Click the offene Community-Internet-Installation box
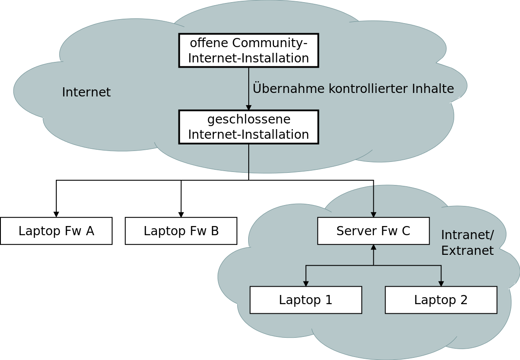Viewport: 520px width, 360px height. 248,50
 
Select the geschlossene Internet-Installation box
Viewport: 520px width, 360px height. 248,127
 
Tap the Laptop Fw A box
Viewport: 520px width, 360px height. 56,231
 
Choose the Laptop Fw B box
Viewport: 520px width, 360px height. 181,231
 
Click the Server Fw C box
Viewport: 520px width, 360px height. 373,231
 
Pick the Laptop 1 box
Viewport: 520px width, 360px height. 306,300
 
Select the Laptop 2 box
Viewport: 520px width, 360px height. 441,300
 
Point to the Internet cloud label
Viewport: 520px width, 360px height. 86,93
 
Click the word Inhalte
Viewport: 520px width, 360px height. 433,89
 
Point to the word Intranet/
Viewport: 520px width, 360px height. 467,235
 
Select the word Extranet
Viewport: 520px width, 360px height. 467,251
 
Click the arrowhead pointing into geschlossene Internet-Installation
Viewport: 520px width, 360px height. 249,108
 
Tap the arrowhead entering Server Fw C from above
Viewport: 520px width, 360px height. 373,215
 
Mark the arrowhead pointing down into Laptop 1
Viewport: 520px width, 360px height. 306,284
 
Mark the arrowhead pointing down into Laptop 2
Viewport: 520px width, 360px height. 441,284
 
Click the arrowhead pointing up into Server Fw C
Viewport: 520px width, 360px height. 373,247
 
